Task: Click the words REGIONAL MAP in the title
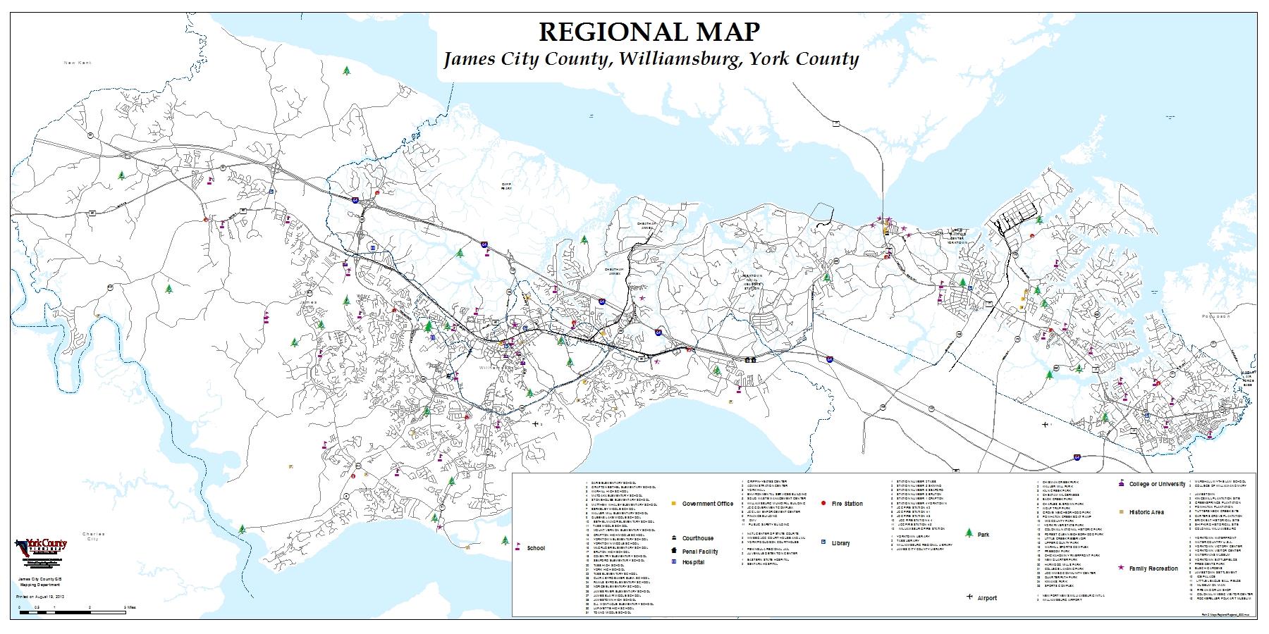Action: [649, 32]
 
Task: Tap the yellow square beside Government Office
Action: [673, 504]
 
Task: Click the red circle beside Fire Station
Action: [824, 504]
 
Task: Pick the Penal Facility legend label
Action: [700, 552]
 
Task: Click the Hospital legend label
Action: [693, 562]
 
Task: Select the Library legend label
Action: [840, 543]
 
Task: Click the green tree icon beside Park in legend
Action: [969, 533]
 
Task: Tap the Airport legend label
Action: [987, 598]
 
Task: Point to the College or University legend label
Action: [1157, 485]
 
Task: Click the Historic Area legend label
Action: [1146, 512]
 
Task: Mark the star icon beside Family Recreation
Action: [1120, 568]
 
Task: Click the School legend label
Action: [536, 548]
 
